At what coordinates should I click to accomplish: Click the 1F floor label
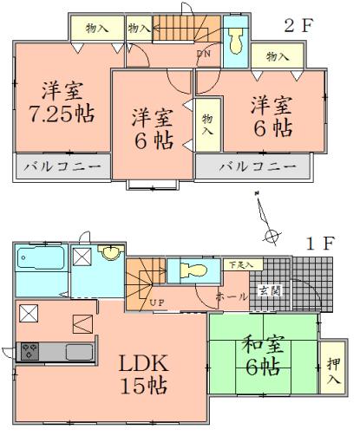(x=318, y=243)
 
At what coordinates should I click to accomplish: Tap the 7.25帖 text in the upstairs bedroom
(x=61, y=113)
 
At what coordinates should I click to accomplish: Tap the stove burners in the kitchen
(x=29, y=351)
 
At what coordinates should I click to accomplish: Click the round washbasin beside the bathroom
(x=110, y=253)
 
